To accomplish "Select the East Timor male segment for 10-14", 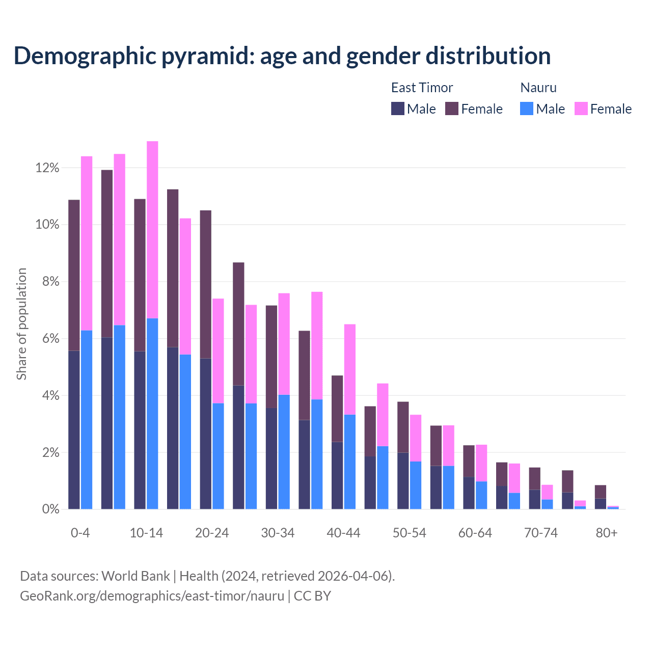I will tap(140, 430).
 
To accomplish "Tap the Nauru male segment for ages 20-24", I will tap(218, 456).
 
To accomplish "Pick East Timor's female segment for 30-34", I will tap(271, 357).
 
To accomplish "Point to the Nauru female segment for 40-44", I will tap(350, 369).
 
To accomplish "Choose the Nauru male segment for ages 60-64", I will tap(481, 495).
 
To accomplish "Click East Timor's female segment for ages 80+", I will tap(601, 492).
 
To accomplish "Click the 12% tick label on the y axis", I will tap(47, 168).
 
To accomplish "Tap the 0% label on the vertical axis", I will tap(50, 509).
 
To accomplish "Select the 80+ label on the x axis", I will tap(607, 533).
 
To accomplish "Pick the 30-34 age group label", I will tap(278, 533).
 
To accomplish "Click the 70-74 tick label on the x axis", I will tap(541, 533).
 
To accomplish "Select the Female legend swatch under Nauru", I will tap(581, 108).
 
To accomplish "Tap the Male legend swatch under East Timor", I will tap(398, 108).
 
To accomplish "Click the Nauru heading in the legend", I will tap(538, 88).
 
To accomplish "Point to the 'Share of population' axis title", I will tap(21, 324).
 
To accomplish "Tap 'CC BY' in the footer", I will tap(312, 595).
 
